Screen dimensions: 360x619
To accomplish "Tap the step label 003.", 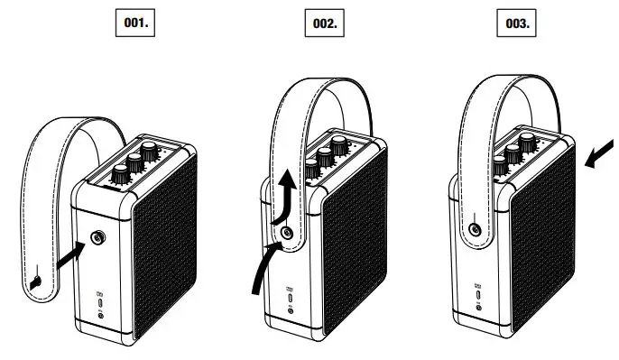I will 515,23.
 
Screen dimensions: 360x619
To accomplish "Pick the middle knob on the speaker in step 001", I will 137,163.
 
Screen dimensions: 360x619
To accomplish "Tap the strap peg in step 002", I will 287,232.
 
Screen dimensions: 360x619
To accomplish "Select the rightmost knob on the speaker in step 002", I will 344,147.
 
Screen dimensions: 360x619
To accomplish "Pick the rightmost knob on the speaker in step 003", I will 532,147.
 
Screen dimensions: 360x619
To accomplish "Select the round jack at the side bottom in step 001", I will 100,314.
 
